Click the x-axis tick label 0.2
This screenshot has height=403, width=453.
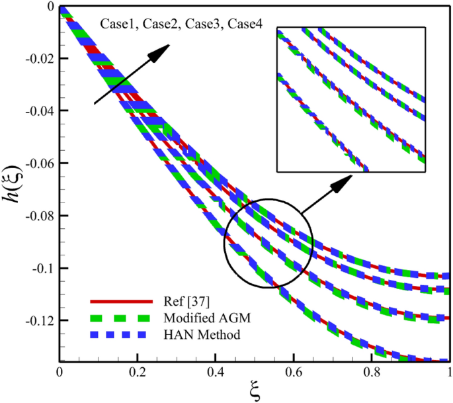pos(137,373)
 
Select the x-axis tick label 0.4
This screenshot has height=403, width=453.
pos(215,373)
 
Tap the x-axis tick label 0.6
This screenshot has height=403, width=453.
pos(293,373)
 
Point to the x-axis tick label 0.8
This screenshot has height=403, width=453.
pos(371,373)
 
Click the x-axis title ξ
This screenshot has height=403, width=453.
pos(255,391)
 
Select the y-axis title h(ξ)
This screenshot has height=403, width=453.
pos(15,179)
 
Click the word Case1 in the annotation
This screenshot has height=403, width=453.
pos(117,24)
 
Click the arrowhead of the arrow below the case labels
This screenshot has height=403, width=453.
pos(162,51)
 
